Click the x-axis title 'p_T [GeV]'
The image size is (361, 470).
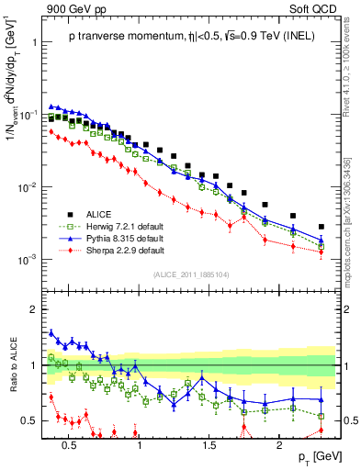coord(313,457)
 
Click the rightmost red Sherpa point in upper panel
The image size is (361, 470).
coord(322,252)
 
